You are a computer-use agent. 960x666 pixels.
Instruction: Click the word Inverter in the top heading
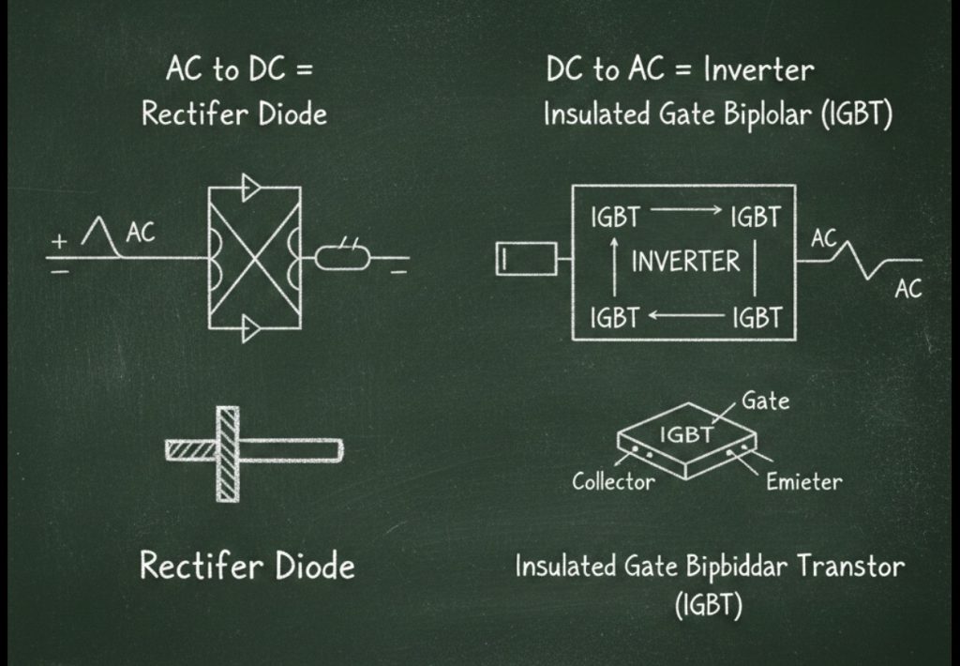coord(758,68)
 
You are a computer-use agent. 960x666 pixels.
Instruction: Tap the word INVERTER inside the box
coord(685,261)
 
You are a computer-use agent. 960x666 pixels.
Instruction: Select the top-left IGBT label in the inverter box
coord(614,218)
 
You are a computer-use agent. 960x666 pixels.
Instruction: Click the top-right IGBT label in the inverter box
coord(755,218)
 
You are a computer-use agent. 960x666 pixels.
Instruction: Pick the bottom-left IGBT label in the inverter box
coord(614,318)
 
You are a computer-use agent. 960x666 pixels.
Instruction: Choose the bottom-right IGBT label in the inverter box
coord(756,318)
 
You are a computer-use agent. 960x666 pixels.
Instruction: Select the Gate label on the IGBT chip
coord(765,401)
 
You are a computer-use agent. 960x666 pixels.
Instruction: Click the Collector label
coord(613,482)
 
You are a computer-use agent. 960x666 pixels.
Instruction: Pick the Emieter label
coord(803,482)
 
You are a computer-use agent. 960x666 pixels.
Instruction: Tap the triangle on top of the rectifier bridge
coord(251,187)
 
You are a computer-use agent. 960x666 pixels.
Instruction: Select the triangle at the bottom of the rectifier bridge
coord(251,329)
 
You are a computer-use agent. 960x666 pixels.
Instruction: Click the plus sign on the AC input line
coord(60,241)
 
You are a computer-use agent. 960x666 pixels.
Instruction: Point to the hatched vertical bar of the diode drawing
coord(227,453)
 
